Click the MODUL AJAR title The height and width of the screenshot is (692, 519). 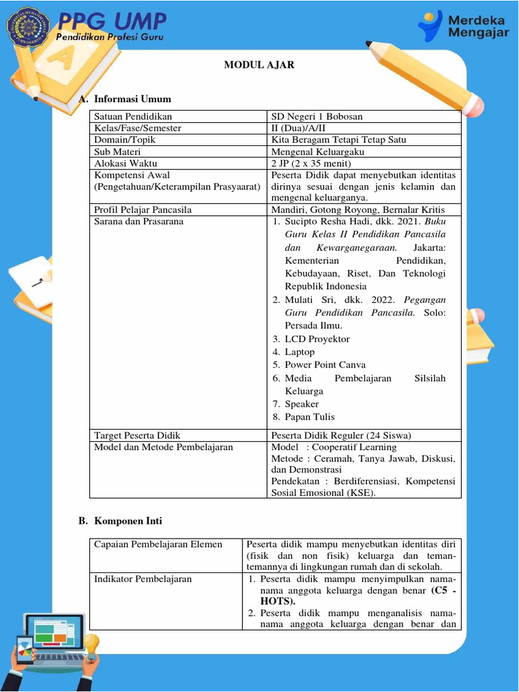(259, 66)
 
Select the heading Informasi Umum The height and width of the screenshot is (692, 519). (132, 99)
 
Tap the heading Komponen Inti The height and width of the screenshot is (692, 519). (128, 521)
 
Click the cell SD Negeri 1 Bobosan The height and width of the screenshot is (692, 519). (316, 116)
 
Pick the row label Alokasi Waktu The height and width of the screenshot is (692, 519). (126, 163)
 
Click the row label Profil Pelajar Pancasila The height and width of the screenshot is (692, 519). (143, 209)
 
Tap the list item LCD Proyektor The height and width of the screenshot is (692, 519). (317, 339)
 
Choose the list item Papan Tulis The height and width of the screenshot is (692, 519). (310, 417)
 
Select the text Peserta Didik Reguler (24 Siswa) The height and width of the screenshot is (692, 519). (341, 435)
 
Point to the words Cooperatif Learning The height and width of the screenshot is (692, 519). (354, 447)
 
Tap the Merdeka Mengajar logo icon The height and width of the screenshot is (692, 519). (430, 26)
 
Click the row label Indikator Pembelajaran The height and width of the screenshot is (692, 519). (143, 579)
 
